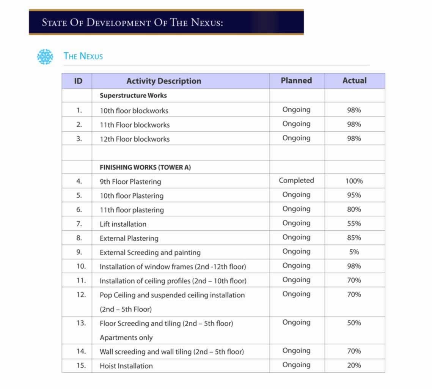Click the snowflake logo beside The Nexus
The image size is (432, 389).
[x=45, y=57]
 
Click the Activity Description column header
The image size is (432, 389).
[x=163, y=81]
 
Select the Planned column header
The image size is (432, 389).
[x=296, y=80]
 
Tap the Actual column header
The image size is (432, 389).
[x=354, y=80]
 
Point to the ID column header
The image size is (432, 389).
[x=78, y=81]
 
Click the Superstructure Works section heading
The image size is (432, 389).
[x=133, y=96]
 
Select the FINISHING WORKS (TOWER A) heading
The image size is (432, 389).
[x=145, y=167]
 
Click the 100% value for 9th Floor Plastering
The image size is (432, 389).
[x=354, y=181]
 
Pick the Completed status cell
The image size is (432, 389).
[x=296, y=181]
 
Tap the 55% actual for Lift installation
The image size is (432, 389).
[x=354, y=224]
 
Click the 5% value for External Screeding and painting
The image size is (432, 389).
[x=354, y=252]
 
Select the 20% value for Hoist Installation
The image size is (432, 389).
[x=354, y=365]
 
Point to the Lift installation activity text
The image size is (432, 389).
[x=123, y=224]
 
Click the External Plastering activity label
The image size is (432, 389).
[x=129, y=238]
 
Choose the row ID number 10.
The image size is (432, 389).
[x=81, y=266]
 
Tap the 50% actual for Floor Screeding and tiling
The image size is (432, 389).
[x=354, y=323]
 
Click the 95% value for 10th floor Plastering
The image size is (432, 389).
[x=354, y=195]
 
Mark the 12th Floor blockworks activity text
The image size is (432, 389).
[x=135, y=139]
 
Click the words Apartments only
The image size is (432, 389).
[x=126, y=337]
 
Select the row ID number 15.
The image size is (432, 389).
[x=81, y=365]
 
